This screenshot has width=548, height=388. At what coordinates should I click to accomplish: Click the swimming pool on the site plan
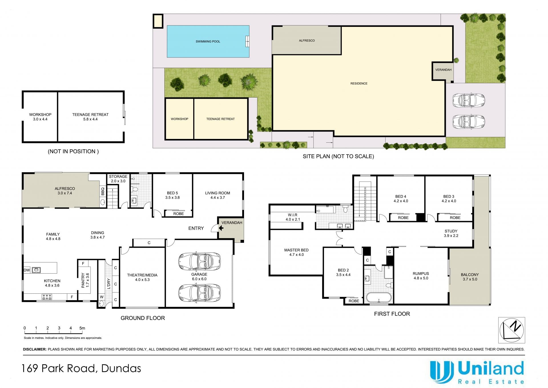click(208, 41)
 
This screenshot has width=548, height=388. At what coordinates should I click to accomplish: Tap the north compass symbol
click(511, 330)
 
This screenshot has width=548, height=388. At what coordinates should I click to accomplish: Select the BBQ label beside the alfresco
click(103, 191)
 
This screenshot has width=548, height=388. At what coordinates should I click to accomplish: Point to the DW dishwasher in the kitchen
click(27, 270)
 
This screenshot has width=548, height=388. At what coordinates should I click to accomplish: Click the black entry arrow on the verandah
click(221, 228)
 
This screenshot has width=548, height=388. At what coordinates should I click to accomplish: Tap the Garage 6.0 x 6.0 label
click(199, 276)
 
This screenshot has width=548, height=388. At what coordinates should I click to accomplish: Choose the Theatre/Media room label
click(142, 277)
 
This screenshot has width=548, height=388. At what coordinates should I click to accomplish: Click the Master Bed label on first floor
click(296, 252)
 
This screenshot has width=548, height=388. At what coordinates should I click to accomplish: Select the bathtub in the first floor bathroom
click(379, 298)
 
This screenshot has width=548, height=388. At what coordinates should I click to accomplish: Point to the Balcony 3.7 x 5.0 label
click(470, 277)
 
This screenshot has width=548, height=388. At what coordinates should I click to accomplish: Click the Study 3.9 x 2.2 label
click(451, 233)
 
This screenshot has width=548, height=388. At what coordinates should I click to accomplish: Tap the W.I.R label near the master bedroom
click(293, 217)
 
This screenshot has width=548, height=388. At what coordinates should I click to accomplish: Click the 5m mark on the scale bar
click(82, 328)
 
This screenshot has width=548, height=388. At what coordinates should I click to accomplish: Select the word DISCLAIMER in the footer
click(35, 349)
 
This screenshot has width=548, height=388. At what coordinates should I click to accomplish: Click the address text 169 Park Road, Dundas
click(81, 368)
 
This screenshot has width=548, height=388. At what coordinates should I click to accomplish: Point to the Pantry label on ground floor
click(85, 280)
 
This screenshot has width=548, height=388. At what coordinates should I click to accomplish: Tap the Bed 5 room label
click(172, 195)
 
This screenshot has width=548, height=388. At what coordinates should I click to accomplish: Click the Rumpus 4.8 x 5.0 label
click(421, 276)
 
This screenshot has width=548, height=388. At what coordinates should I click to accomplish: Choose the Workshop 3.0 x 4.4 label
click(40, 117)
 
